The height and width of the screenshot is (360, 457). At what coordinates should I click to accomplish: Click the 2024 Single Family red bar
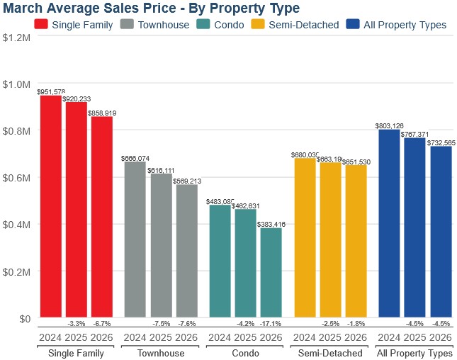[x=50, y=206]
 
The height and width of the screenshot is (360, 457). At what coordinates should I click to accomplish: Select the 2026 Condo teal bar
[x=271, y=272]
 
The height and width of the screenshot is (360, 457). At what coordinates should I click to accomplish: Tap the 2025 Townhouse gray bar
[x=161, y=235]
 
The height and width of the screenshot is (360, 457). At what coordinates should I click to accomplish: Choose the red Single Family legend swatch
[x=41, y=25]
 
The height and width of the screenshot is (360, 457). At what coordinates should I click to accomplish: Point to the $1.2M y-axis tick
[x=16, y=37]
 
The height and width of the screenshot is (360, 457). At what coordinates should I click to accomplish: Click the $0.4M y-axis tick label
[x=16, y=225]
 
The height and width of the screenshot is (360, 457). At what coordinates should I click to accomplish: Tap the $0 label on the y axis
[x=25, y=319]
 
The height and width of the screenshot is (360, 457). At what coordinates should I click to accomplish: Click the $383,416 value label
[x=271, y=224]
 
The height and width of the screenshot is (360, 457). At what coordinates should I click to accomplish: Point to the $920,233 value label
[x=77, y=99]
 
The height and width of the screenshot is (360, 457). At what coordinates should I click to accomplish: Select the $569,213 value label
[x=187, y=181]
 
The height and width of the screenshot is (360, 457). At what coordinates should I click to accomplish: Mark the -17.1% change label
[x=271, y=324]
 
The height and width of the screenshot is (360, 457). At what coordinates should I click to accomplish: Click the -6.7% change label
[x=102, y=324]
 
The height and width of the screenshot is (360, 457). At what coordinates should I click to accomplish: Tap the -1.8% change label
[x=356, y=324]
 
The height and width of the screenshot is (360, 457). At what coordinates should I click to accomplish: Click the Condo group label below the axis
[x=245, y=353]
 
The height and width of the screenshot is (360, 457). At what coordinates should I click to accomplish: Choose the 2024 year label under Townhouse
[x=135, y=337]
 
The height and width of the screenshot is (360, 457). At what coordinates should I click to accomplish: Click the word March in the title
[x=24, y=8]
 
